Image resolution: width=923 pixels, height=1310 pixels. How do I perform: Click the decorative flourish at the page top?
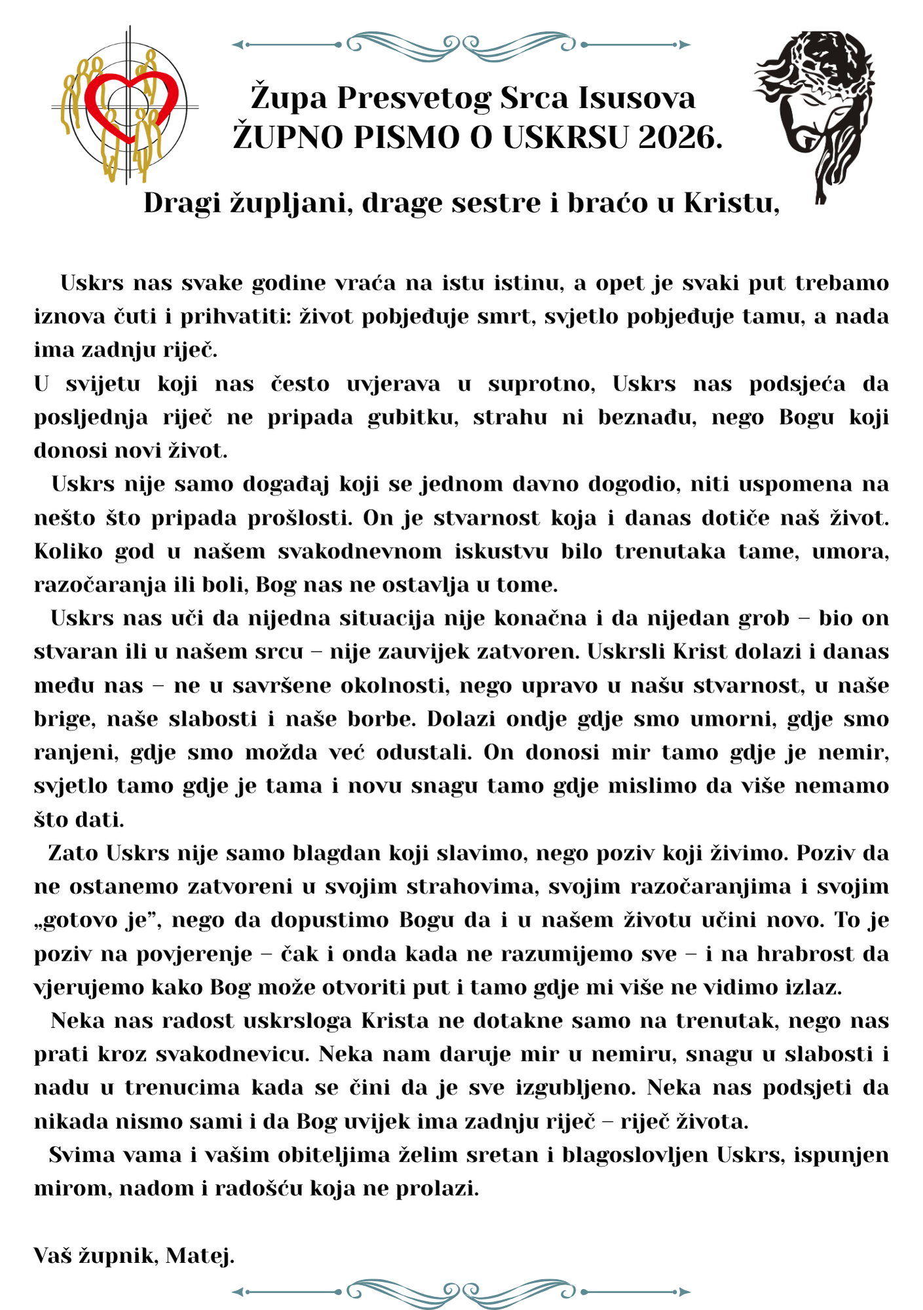[461, 44]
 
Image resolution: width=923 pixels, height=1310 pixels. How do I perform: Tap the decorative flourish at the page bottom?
[461, 1292]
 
